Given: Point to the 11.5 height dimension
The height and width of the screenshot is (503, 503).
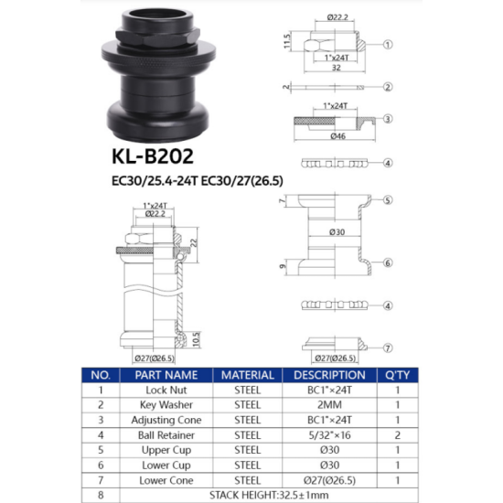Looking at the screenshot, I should click(x=286, y=43).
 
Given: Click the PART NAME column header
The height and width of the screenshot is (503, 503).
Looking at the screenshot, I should click(x=166, y=375).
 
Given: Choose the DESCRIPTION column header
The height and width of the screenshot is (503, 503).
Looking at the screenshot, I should click(x=330, y=375).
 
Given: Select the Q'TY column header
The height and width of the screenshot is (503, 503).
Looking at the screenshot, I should click(x=397, y=375).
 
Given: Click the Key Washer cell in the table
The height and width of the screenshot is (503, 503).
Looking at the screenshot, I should click(x=166, y=403).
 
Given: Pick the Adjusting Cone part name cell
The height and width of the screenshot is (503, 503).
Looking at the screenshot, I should click(x=166, y=419).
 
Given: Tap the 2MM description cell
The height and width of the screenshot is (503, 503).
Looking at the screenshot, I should click(x=330, y=403).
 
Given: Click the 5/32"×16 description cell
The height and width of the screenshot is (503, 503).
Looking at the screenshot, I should click(x=330, y=434).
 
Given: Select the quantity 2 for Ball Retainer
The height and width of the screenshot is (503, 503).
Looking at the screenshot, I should click(x=397, y=434).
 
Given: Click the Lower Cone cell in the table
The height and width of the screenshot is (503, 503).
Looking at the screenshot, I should click(x=166, y=479).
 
